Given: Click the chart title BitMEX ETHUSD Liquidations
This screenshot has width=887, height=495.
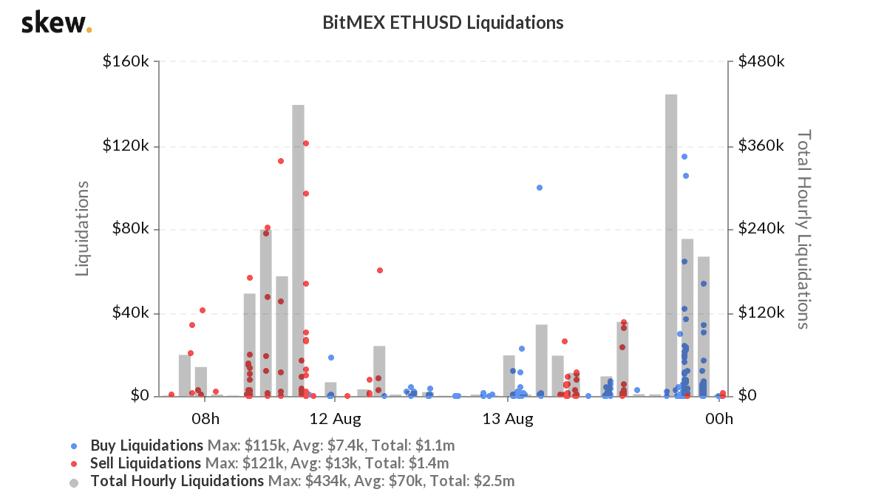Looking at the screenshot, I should tap(443, 23).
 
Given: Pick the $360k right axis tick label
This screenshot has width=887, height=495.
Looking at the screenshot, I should tap(761, 146).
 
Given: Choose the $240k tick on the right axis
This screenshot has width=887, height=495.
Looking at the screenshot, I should tap(761, 229).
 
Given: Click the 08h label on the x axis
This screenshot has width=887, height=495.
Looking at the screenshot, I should tap(205, 420).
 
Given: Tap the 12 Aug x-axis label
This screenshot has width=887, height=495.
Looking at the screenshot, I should tap(335, 420).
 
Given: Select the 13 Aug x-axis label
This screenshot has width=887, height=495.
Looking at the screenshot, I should tap(508, 420).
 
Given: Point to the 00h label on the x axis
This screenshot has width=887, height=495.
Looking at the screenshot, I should tap(718, 420).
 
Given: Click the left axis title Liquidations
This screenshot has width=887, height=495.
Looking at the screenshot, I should tap(83, 229).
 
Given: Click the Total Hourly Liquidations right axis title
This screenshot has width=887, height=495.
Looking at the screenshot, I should tap(803, 229).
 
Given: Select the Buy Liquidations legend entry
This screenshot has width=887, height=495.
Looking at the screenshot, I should tap(146, 445).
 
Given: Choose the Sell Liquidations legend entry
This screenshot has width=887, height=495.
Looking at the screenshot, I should tap(146, 463).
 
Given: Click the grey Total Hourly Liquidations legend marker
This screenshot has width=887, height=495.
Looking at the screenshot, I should tap(73, 482).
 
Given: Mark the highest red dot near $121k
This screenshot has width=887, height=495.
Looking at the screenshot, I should tap(305, 143).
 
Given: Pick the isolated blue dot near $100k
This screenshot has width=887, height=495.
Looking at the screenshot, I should tap(540, 188).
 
